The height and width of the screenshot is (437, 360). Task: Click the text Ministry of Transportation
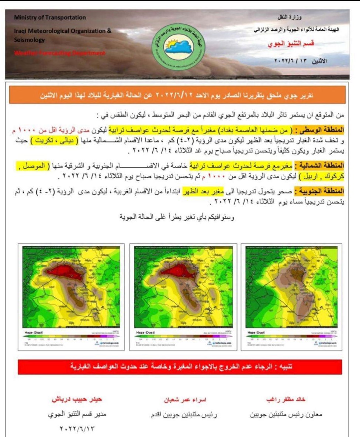point(50,17)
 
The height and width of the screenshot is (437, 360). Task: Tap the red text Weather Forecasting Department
point(59,53)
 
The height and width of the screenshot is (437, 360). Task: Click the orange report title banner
point(177,95)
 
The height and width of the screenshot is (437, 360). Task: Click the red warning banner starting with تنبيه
point(180,367)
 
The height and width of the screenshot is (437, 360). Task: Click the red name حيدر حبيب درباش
point(77,400)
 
